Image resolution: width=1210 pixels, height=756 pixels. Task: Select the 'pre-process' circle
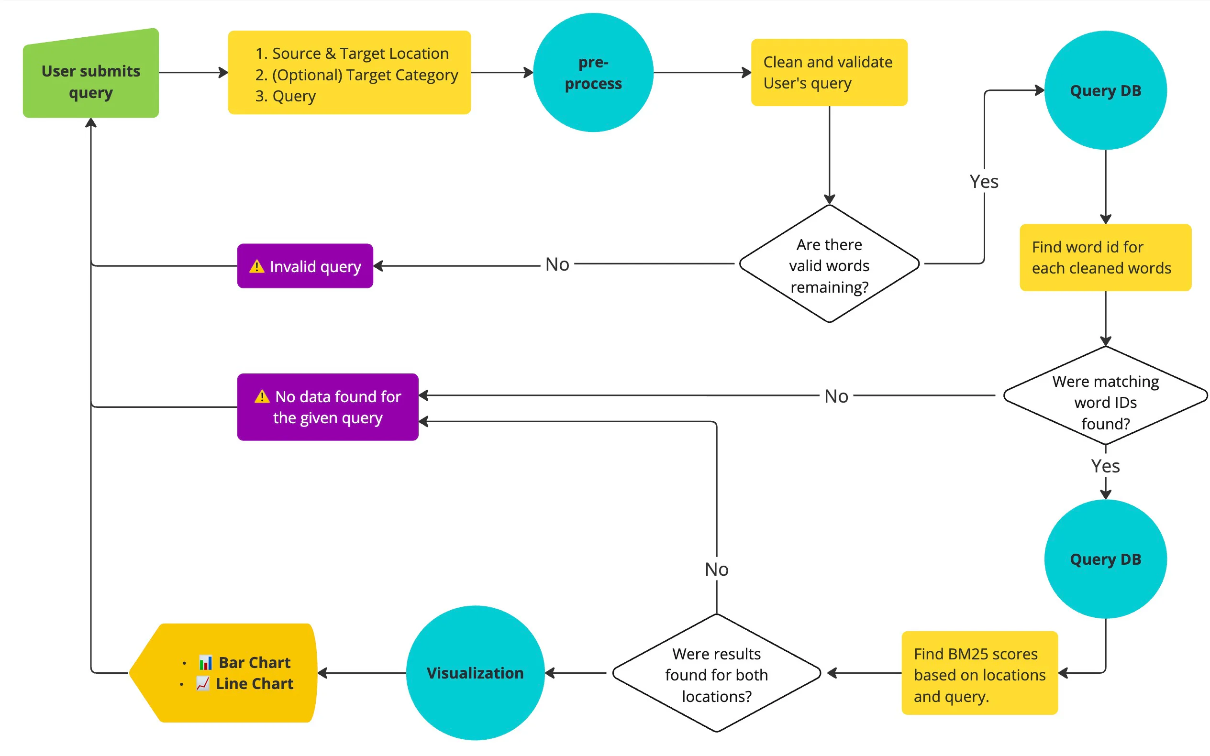(x=593, y=73)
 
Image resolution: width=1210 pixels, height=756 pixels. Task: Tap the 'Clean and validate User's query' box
(x=828, y=73)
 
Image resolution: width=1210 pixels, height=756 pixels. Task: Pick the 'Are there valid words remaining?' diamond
(x=829, y=265)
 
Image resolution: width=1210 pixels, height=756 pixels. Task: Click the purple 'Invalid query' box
(x=305, y=266)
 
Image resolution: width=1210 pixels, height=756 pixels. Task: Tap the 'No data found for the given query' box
(x=328, y=406)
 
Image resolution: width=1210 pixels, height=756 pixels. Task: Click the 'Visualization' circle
(x=475, y=672)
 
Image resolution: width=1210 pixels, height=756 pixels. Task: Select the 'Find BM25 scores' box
(x=979, y=673)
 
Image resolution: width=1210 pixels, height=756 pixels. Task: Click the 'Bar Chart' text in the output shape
(x=254, y=662)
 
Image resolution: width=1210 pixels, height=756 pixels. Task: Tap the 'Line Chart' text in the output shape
(x=254, y=683)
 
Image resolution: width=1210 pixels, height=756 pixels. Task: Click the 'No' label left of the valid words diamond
(x=557, y=264)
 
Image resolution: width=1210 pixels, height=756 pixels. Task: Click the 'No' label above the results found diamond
(x=716, y=569)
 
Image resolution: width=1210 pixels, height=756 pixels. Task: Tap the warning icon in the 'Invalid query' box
(x=256, y=266)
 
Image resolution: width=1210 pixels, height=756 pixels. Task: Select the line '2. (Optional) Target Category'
(x=356, y=75)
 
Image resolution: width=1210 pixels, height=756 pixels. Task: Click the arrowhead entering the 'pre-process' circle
(x=529, y=73)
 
